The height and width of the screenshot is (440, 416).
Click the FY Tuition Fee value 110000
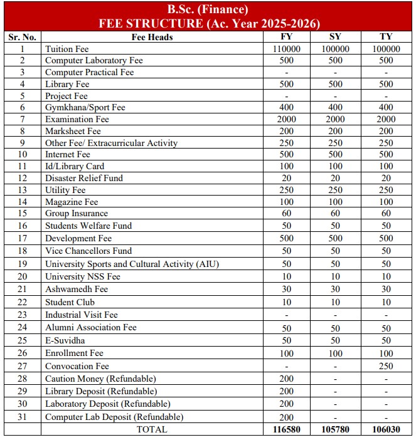click(286, 48)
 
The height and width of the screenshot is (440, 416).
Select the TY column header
click(386, 37)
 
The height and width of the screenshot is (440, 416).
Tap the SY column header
click(335, 37)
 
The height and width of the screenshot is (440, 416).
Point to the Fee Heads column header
click(152, 37)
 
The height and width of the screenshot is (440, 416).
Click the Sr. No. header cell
click(23, 37)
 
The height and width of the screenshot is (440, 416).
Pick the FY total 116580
click(286, 429)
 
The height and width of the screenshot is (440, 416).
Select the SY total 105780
click(335, 429)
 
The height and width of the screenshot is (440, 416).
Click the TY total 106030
click(386, 429)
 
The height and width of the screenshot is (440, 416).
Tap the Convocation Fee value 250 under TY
click(386, 366)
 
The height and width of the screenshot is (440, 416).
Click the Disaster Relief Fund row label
click(84, 178)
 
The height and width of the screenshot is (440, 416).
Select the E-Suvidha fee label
click(65, 340)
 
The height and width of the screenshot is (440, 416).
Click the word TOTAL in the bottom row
click(152, 429)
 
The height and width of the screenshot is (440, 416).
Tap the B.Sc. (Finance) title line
click(208, 9)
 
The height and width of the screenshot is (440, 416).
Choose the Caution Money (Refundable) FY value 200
click(286, 379)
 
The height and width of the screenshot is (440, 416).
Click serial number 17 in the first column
click(23, 238)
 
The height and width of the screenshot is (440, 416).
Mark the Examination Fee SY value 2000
click(335, 119)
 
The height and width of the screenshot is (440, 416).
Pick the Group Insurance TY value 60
click(386, 214)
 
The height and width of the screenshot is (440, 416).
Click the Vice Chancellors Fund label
click(88, 251)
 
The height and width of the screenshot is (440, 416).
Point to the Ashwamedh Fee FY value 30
click(286, 289)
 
